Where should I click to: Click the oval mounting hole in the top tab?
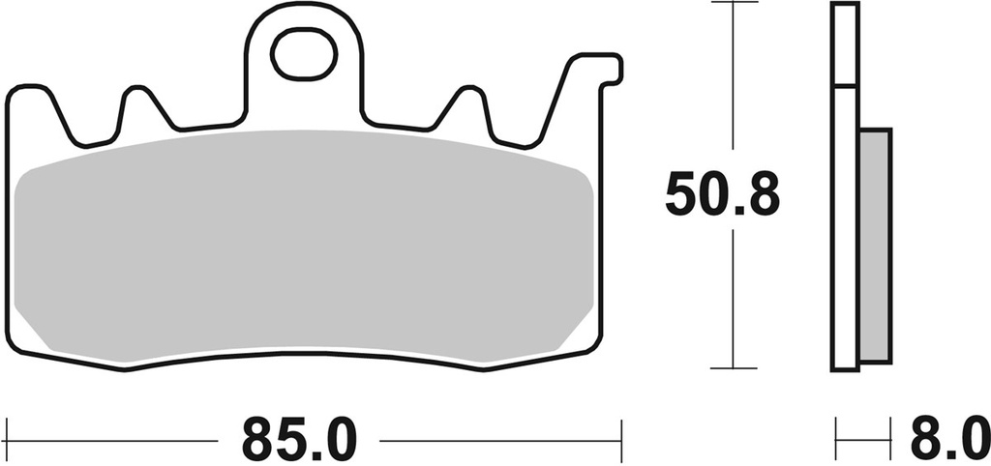point(304,54)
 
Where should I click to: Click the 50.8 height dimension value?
point(721,196)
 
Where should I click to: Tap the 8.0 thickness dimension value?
point(947,441)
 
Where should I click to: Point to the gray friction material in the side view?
point(875,247)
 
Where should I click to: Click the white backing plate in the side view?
point(844,232)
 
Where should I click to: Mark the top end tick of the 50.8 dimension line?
point(732,4)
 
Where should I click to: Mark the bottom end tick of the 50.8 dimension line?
point(732,368)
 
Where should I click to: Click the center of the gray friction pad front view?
point(306,247)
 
